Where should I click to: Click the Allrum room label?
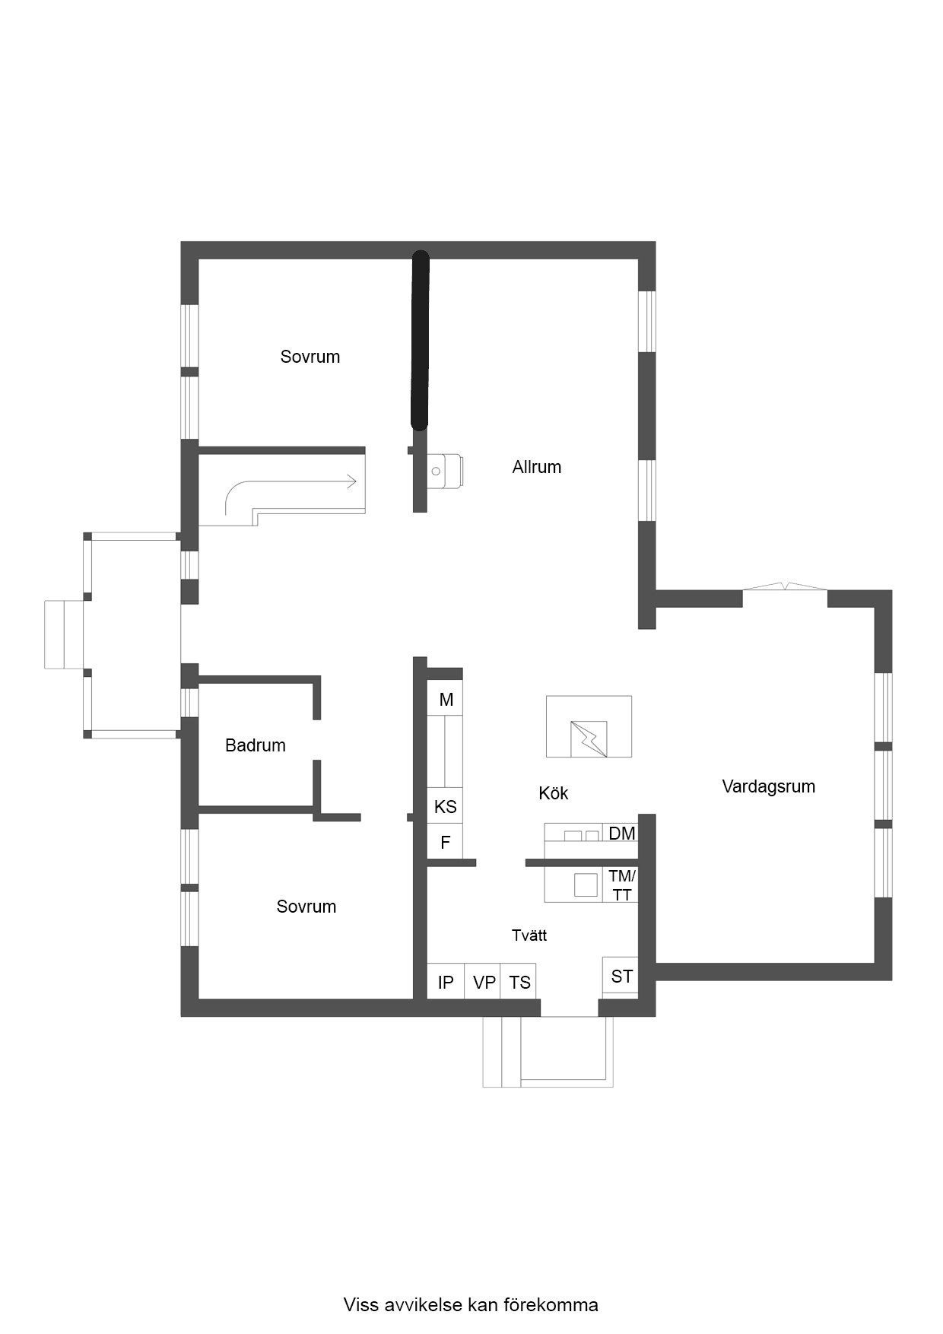click(536, 467)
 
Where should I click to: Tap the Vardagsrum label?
click(768, 786)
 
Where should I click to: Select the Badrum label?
click(256, 745)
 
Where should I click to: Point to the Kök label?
click(554, 793)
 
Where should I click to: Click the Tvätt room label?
click(529, 935)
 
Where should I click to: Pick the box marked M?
click(446, 700)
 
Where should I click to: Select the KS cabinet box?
click(446, 806)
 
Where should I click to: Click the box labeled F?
click(446, 842)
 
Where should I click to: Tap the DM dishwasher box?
click(621, 834)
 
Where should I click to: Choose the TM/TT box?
click(621, 885)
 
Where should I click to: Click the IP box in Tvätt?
click(446, 982)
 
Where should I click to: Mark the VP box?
click(484, 982)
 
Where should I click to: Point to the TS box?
click(519, 982)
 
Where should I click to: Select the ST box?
click(621, 976)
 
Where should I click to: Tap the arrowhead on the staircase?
click(351, 481)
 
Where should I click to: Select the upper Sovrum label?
click(310, 357)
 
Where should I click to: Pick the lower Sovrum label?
click(306, 907)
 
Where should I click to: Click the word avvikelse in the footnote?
click(417, 1305)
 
